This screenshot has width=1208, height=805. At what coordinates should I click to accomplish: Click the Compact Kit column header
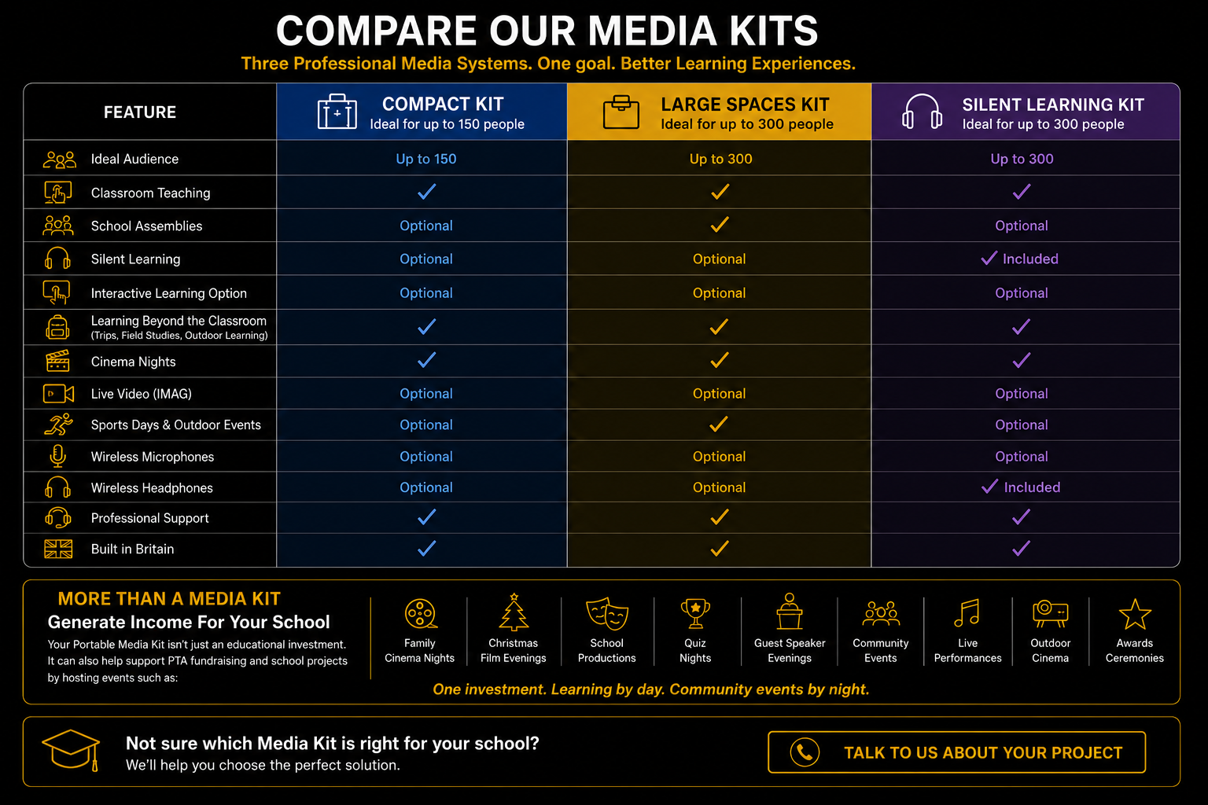tap(422, 112)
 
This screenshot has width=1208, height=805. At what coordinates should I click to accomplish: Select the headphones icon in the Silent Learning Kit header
tap(922, 111)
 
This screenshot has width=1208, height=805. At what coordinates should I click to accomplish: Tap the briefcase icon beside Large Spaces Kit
tap(621, 112)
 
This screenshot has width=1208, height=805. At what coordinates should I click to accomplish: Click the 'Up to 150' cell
tap(426, 159)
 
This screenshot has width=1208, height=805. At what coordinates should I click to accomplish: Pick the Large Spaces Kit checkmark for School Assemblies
tap(720, 224)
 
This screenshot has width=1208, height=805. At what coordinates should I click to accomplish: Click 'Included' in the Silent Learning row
tap(1030, 259)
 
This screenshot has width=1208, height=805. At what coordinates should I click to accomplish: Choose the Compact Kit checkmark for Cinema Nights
tap(426, 359)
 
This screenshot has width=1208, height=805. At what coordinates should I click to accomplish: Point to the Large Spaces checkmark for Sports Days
tap(719, 424)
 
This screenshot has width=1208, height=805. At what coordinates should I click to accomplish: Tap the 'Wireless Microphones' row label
tap(153, 457)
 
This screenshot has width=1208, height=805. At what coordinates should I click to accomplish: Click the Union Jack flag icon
tap(58, 549)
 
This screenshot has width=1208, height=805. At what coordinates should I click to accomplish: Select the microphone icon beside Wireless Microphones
tap(57, 456)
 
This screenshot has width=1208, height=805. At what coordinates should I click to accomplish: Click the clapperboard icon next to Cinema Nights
tap(57, 361)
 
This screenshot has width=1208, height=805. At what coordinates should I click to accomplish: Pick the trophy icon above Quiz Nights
tap(695, 614)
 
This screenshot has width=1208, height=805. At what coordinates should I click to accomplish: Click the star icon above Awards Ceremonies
tap(1135, 614)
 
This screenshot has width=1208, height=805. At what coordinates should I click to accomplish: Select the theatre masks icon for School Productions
tap(607, 613)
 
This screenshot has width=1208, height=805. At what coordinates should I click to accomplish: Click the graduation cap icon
tap(72, 749)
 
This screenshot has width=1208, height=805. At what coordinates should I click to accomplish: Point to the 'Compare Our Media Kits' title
tap(547, 31)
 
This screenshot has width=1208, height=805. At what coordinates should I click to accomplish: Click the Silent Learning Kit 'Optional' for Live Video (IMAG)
tap(1022, 394)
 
